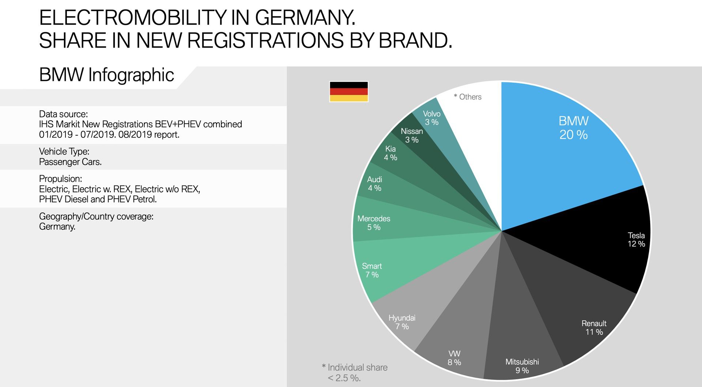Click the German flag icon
(x=348, y=91)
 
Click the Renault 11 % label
(x=594, y=328)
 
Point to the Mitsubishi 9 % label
(x=522, y=366)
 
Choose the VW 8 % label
(x=454, y=358)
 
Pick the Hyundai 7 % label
(x=402, y=322)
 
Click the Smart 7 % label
(x=372, y=270)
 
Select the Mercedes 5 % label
(x=374, y=223)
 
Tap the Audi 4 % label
(x=374, y=184)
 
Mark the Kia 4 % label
(x=390, y=153)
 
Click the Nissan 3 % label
(x=412, y=135)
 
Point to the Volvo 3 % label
(x=431, y=118)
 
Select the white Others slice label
(x=468, y=97)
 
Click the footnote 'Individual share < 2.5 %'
(x=355, y=372)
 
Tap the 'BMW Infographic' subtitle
(x=106, y=75)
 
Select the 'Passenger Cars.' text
(x=70, y=162)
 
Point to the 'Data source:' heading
(x=63, y=114)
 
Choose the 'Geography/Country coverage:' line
(x=96, y=216)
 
